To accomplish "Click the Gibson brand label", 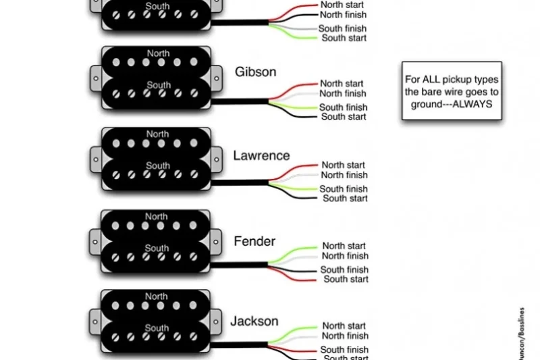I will tap(255, 72).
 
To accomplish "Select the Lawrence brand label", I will tap(261, 155).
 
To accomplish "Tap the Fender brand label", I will tap(254, 241).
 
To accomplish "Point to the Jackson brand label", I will tap(254, 321).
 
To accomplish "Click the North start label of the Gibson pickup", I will tap(342, 84).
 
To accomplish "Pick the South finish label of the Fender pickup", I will tap(344, 269).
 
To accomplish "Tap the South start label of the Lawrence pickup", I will tap(345, 199).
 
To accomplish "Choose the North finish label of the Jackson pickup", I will tap(345, 336).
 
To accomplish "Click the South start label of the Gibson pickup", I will tap(344, 117).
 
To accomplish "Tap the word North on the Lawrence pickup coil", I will tap(157, 134).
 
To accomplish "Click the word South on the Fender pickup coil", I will tap(157, 249).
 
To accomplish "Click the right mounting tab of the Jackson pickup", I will tap(217, 317).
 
